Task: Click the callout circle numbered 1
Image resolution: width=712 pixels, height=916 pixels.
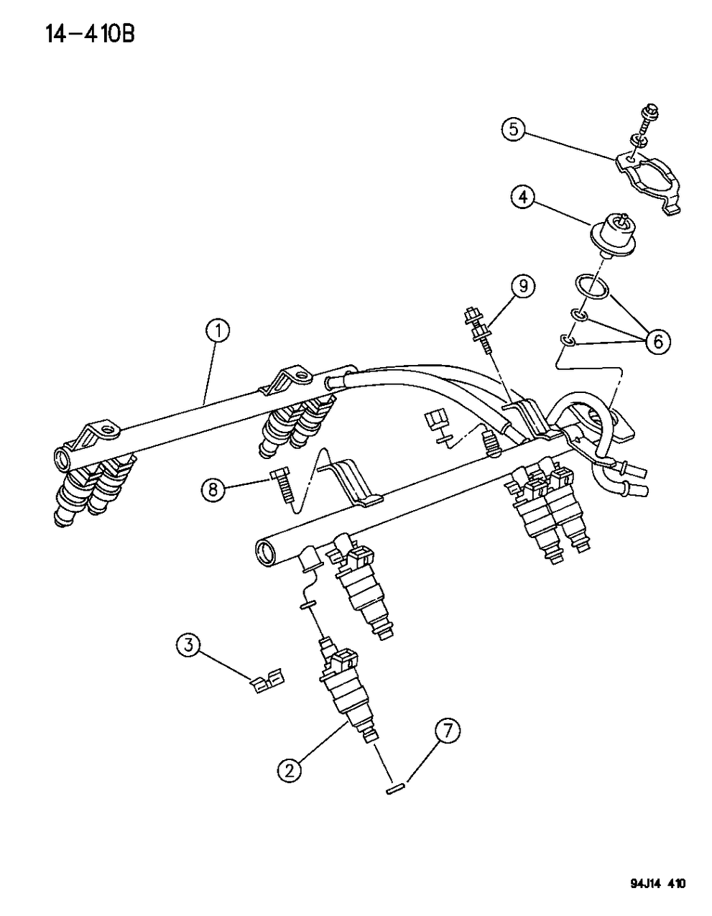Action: [x=218, y=331]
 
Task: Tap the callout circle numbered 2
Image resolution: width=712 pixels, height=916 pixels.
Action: [x=290, y=771]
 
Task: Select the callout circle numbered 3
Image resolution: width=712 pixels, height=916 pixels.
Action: [x=188, y=645]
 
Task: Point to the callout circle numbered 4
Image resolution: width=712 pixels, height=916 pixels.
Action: [x=523, y=196]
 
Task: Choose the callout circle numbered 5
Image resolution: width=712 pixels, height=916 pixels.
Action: [x=512, y=129]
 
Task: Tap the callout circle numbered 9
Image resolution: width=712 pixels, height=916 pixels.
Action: [x=523, y=287]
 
